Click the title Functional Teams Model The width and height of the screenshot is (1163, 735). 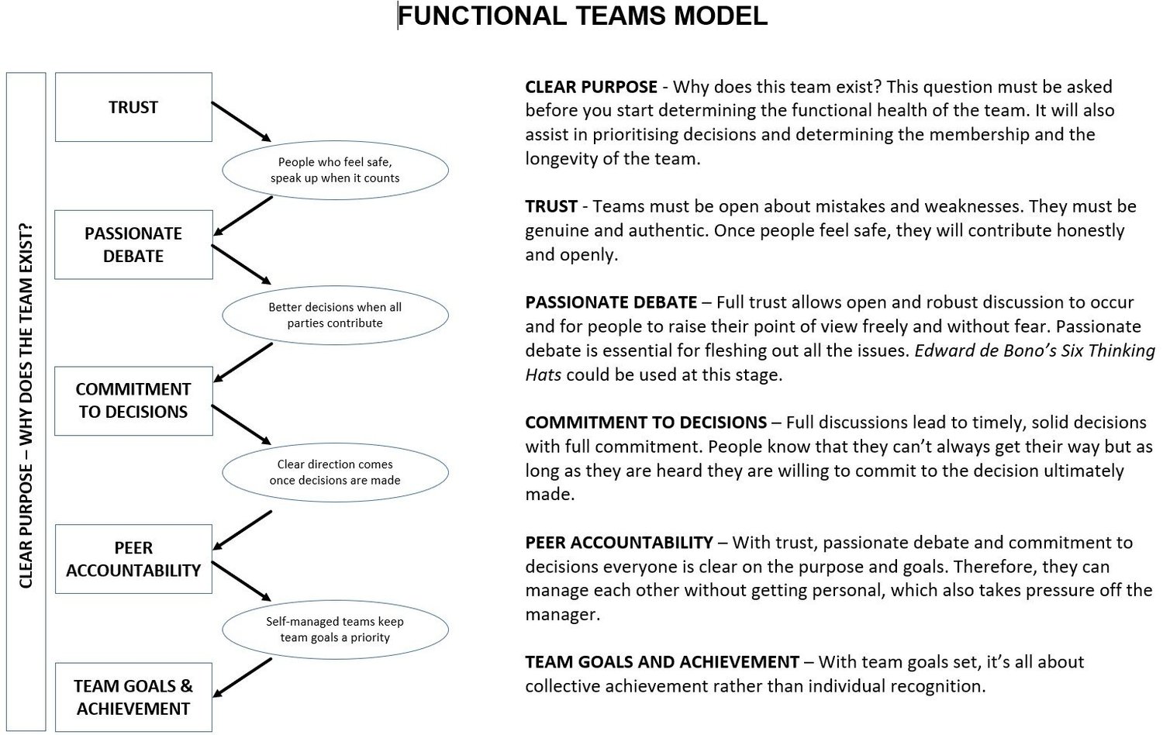pos(582,16)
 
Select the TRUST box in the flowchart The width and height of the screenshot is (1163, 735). pos(133,107)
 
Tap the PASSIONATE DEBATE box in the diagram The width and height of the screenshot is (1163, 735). pos(133,244)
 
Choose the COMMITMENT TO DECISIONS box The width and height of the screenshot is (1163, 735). pos(133,400)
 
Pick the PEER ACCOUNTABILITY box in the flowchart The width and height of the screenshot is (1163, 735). pos(133,559)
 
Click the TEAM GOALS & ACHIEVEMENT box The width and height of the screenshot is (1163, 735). pos(133,697)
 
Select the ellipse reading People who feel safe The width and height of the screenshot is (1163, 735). pos(335,170)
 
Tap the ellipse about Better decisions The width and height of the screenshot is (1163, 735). pos(335,315)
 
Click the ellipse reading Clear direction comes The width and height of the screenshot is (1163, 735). pos(335,472)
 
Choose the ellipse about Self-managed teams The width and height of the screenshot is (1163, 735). pos(335,629)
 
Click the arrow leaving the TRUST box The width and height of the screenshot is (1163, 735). pos(241,121)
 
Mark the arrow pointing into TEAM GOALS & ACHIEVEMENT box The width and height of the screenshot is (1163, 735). pos(242,678)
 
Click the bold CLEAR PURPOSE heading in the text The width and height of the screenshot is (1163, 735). pos(591,87)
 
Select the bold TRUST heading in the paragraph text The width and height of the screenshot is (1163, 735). pos(551,206)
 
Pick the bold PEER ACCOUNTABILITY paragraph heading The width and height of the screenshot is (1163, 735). pos(619,543)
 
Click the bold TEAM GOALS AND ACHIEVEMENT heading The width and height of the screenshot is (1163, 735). pos(661,662)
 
